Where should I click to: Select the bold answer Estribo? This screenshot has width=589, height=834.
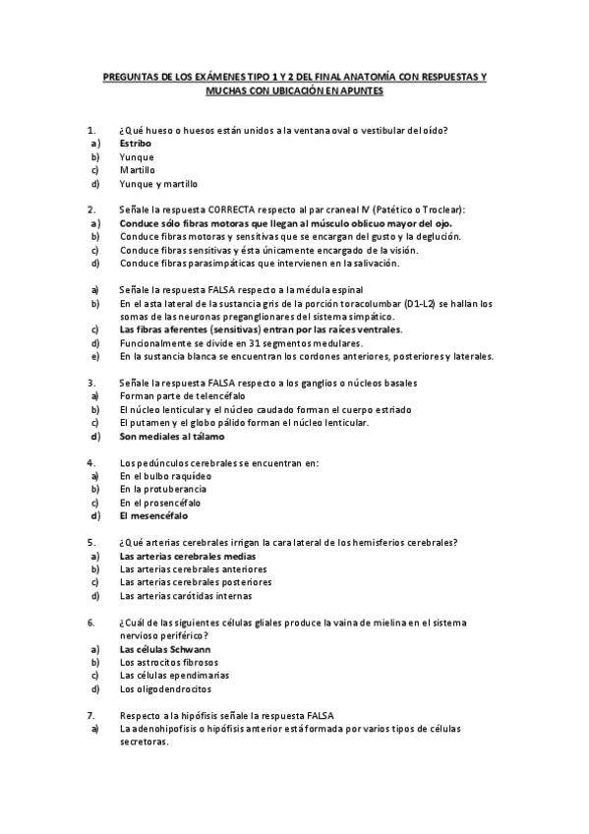pyautogui.click(x=136, y=144)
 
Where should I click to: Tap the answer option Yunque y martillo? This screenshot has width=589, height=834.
pyautogui.click(x=158, y=184)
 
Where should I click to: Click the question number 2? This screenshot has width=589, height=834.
pyautogui.click(x=91, y=210)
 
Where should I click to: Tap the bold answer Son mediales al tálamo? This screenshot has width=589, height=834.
pyautogui.click(x=172, y=436)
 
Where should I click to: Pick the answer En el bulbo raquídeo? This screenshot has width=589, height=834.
pyautogui.click(x=163, y=475)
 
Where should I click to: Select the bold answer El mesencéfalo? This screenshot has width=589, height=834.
pyautogui.click(x=153, y=515)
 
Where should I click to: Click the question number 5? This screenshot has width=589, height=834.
pyautogui.click(x=91, y=542)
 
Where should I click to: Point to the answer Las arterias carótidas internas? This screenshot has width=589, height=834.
pyautogui.click(x=185, y=595)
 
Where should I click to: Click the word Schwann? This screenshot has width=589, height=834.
pyautogui.click(x=189, y=649)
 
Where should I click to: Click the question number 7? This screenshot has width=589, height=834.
pyautogui.click(x=91, y=715)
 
